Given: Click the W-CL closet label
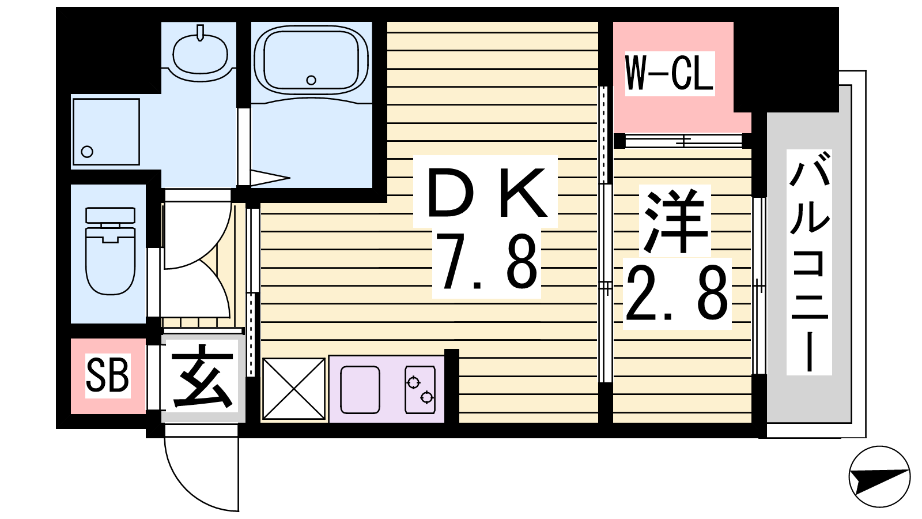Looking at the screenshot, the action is tap(669, 73).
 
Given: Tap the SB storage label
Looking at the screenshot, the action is tap(107, 375).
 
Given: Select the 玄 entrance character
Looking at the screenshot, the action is tap(201, 375).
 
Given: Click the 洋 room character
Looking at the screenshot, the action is tap(675, 220).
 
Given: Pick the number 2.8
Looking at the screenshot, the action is tap(677, 292).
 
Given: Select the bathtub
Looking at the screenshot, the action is tap(311, 61).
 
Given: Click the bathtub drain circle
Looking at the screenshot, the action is tap(311, 80).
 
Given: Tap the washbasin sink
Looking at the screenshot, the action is tap(201, 54).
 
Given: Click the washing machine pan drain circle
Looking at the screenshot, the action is tap(87, 152).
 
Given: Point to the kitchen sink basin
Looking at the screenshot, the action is tap(360, 390).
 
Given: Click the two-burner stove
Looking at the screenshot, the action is tap(420, 390).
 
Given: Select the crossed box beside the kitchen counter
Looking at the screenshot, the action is tap(294, 389).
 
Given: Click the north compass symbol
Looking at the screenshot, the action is tap(879, 476).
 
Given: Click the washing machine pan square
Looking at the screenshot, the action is tap(106, 131).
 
